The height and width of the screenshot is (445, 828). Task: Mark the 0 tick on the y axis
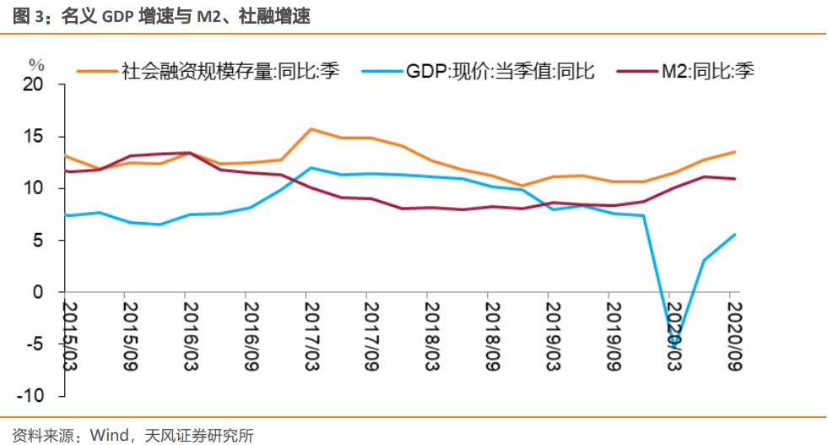point(38,292)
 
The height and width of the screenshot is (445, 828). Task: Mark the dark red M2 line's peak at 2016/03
point(188,153)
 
